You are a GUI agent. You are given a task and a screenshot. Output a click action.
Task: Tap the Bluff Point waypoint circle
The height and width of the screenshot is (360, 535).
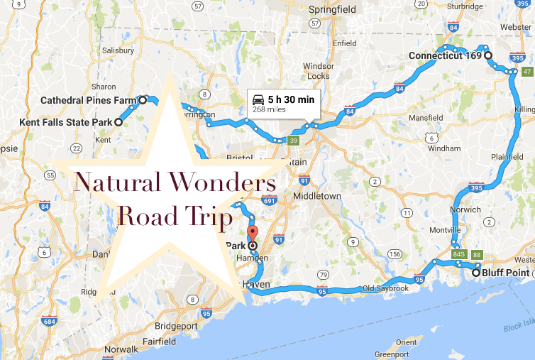475,272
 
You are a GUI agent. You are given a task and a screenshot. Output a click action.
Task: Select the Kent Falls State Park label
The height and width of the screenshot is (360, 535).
67,122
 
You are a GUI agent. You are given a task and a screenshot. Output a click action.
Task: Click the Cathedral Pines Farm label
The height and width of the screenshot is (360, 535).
88,100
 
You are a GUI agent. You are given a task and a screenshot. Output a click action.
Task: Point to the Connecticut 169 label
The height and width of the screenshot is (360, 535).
445,55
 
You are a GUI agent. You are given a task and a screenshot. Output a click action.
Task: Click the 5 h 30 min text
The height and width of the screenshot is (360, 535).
291,99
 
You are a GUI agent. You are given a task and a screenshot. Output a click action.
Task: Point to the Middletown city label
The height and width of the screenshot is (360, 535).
318,196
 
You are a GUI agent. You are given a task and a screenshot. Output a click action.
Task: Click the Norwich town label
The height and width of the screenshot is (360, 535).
466,209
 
